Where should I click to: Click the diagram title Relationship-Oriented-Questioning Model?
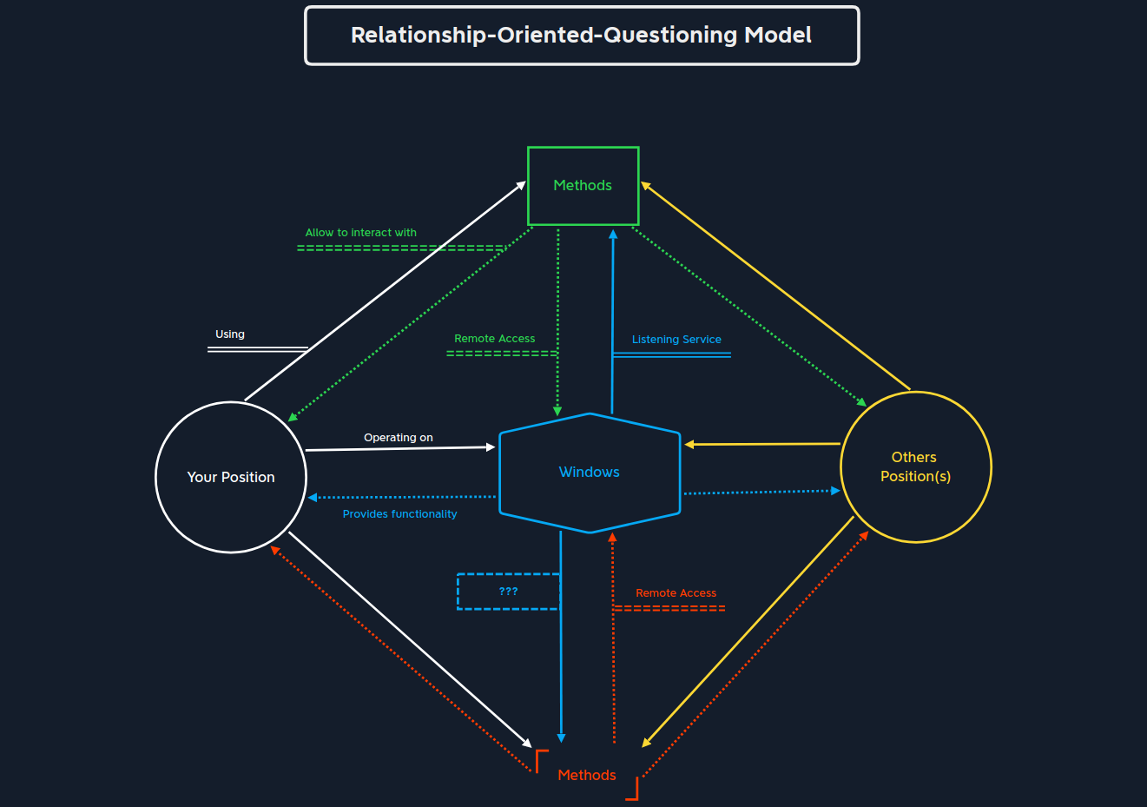[x=581, y=36]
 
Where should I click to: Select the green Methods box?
[x=583, y=186]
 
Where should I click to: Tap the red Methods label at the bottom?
[x=587, y=775]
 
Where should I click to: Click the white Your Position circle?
[x=231, y=477]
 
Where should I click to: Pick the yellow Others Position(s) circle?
[x=915, y=467]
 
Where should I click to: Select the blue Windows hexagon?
[x=590, y=472]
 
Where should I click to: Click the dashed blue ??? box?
[x=508, y=592]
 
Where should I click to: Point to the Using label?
[x=230, y=334]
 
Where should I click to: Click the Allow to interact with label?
[x=360, y=233]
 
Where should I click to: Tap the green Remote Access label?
[x=494, y=339]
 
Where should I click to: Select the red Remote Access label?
[x=676, y=593]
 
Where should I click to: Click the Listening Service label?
[x=676, y=340]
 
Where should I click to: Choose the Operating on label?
[x=399, y=438]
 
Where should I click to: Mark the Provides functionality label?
[x=399, y=514]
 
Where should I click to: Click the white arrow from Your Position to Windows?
[x=399, y=448]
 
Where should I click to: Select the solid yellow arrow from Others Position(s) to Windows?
[x=762, y=444]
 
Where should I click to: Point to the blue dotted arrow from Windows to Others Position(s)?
[x=762, y=493]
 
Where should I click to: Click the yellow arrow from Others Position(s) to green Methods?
[x=775, y=287]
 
